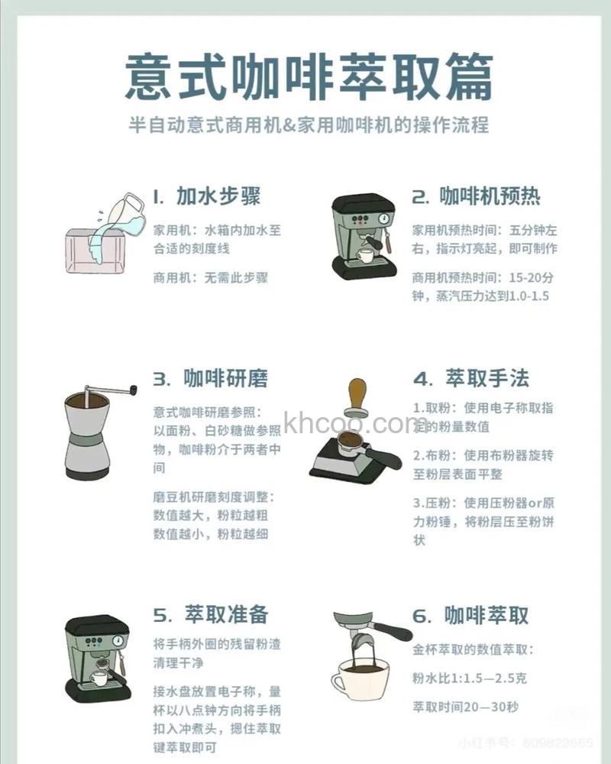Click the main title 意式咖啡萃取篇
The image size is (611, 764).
coord(309,76)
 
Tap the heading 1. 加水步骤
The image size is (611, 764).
coord(207,196)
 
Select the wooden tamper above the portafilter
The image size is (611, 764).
coord(357,397)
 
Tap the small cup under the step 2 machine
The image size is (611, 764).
coord(366,255)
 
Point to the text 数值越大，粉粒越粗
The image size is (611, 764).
coord(211,516)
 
